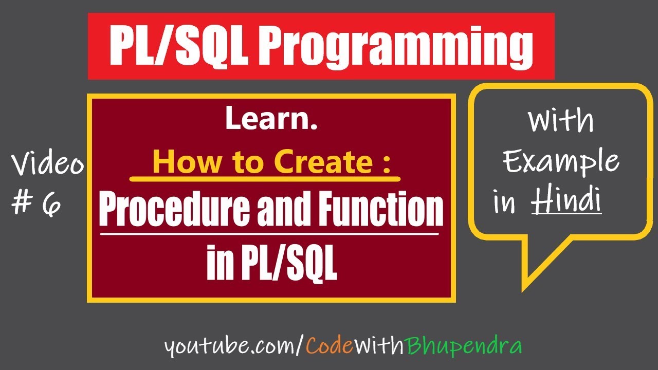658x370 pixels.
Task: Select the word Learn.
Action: pos(271,120)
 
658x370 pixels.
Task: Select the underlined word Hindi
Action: pos(566,200)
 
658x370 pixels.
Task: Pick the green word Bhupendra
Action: pos(465,347)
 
